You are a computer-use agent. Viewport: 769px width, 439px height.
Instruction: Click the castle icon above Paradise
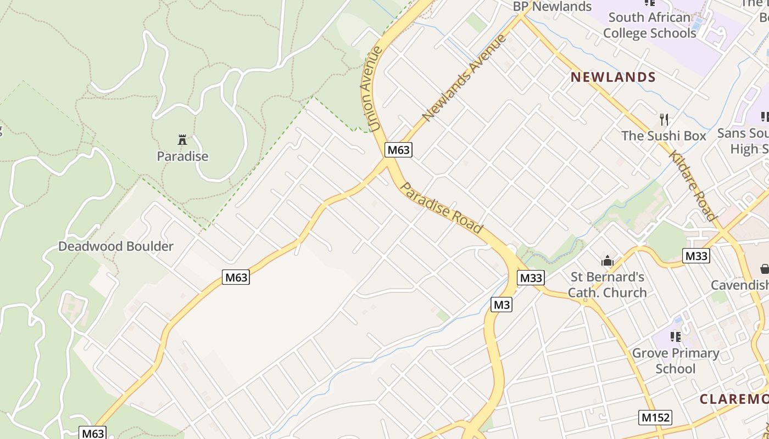(182, 139)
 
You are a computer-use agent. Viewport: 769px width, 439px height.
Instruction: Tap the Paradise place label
(182, 156)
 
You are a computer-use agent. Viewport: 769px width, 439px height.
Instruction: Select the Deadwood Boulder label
(116, 246)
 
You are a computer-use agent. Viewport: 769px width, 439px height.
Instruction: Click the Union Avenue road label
(372, 89)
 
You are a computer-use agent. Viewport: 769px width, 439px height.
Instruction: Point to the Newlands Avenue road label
(465, 77)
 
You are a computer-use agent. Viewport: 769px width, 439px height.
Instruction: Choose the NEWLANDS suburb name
(613, 77)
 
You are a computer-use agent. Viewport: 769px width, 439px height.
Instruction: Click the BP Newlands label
(552, 7)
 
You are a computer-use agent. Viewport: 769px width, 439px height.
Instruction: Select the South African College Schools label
(649, 25)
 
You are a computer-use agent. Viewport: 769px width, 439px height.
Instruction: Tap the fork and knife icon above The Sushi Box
(664, 119)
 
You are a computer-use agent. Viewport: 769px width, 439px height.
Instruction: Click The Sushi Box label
(664, 136)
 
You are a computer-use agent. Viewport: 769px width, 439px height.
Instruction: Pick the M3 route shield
(501, 304)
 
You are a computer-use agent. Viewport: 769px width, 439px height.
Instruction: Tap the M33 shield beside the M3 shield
(531, 278)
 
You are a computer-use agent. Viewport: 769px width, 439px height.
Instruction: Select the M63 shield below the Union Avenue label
(398, 150)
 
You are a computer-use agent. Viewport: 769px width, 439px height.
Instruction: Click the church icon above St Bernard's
(607, 261)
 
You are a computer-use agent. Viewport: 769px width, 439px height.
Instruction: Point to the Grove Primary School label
(676, 361)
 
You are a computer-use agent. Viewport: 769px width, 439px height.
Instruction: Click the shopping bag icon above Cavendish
(764, 269)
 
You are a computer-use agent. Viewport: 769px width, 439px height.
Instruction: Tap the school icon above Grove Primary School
(676, 336)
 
